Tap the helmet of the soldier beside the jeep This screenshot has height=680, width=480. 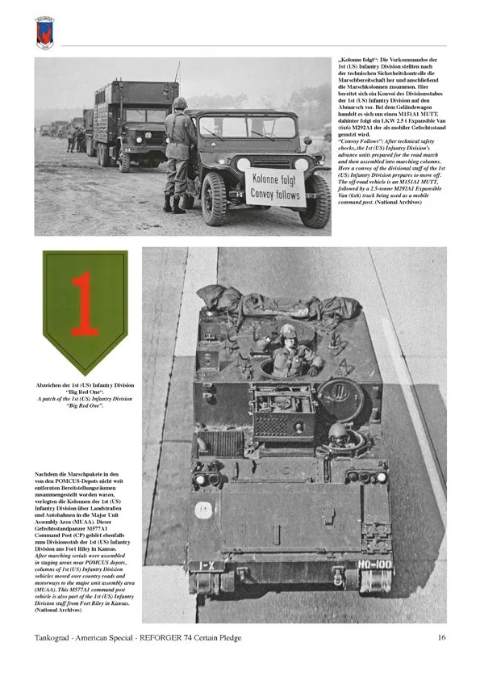pos(179,103)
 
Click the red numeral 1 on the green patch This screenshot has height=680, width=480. pos(84,303)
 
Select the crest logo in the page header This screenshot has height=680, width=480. pos(46,31)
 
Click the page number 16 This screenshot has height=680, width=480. pos(441,638)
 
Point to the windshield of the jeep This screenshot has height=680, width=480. pos(246,127)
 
